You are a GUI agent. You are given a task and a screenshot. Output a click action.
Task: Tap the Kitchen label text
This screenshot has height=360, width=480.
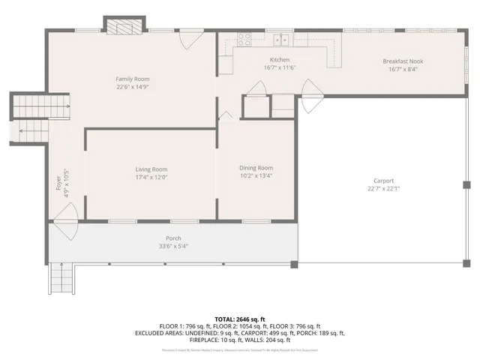coord(280,60)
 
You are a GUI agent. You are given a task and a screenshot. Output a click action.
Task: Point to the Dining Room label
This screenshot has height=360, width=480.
coord(256,168)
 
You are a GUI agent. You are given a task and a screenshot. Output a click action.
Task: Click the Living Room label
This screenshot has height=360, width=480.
coord(151,169)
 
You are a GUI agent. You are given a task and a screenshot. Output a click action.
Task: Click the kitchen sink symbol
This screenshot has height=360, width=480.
coord(282,40)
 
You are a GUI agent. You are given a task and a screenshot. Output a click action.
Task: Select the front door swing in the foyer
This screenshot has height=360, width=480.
coord(66,223)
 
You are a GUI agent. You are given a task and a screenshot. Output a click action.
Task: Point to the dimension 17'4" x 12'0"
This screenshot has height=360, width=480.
coord(151,178)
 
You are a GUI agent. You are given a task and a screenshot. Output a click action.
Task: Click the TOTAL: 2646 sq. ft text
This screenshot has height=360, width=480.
coord(239,319)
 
